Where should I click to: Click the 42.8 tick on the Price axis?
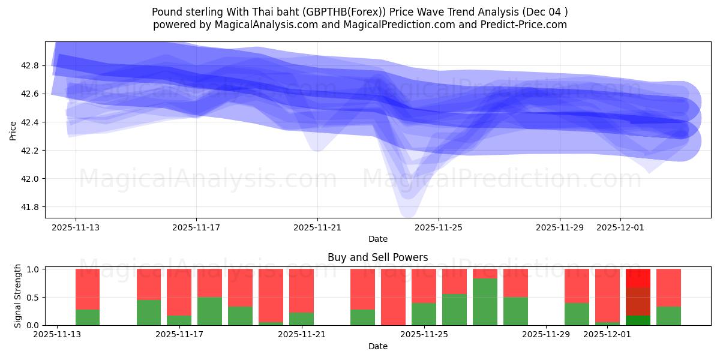30,65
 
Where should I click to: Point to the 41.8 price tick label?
30,207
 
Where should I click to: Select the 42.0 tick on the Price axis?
30,179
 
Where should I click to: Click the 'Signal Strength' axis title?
18,296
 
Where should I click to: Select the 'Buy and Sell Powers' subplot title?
377,257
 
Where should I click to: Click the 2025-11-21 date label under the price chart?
317,227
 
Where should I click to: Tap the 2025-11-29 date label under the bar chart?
546,335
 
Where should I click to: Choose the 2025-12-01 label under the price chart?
620,227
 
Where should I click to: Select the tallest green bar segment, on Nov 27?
485,302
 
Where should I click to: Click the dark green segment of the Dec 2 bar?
638,320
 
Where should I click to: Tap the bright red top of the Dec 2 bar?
638,278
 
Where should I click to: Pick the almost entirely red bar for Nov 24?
393,297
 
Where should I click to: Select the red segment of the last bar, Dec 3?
668,287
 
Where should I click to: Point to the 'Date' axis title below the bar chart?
377,346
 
